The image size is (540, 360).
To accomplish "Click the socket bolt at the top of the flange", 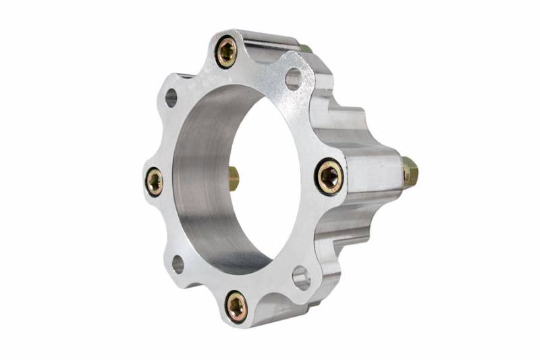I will click(x=227, y=52).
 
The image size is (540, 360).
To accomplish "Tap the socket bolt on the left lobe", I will click(x=155, y=181).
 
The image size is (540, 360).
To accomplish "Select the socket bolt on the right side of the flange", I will click(x=329, y=177).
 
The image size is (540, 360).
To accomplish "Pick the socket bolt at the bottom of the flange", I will click(x=236, y=307).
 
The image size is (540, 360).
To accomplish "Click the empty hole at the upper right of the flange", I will click(x=294, y=80).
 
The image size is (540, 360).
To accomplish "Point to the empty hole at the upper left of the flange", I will click(x=171, y=98).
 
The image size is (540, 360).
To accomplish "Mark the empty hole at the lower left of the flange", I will click(x=178, y=264).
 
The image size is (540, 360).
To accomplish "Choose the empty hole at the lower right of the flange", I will click(x=301, y=277).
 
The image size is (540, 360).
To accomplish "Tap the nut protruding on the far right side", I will click(x=410, y=172).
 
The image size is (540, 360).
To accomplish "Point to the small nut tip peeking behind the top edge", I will click(x=306, y=49).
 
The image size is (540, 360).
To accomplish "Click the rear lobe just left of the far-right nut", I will click(x=378, y=169).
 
